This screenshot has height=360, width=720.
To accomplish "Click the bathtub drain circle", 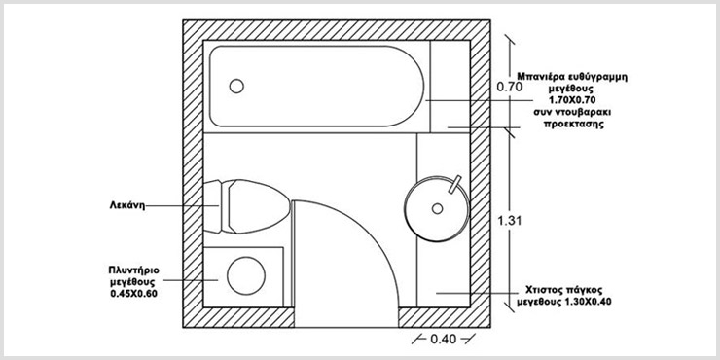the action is click(x=236, y=86).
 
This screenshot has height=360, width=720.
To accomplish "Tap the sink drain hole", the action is click(x=437, y=208).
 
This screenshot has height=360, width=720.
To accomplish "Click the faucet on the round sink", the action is click(x=455, y=183).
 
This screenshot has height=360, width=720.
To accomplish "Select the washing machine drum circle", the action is click(x=246, y=276).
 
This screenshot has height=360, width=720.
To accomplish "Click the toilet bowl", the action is click(x=259, y=205).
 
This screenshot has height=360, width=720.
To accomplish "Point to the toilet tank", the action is click(x=213, y=206).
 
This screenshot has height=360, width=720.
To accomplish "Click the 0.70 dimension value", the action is click(x=510, y=87).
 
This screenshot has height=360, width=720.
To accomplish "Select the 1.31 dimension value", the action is click(x=510, y=221).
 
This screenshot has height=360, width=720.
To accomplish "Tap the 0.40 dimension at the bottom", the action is click(x=444, y=340).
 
